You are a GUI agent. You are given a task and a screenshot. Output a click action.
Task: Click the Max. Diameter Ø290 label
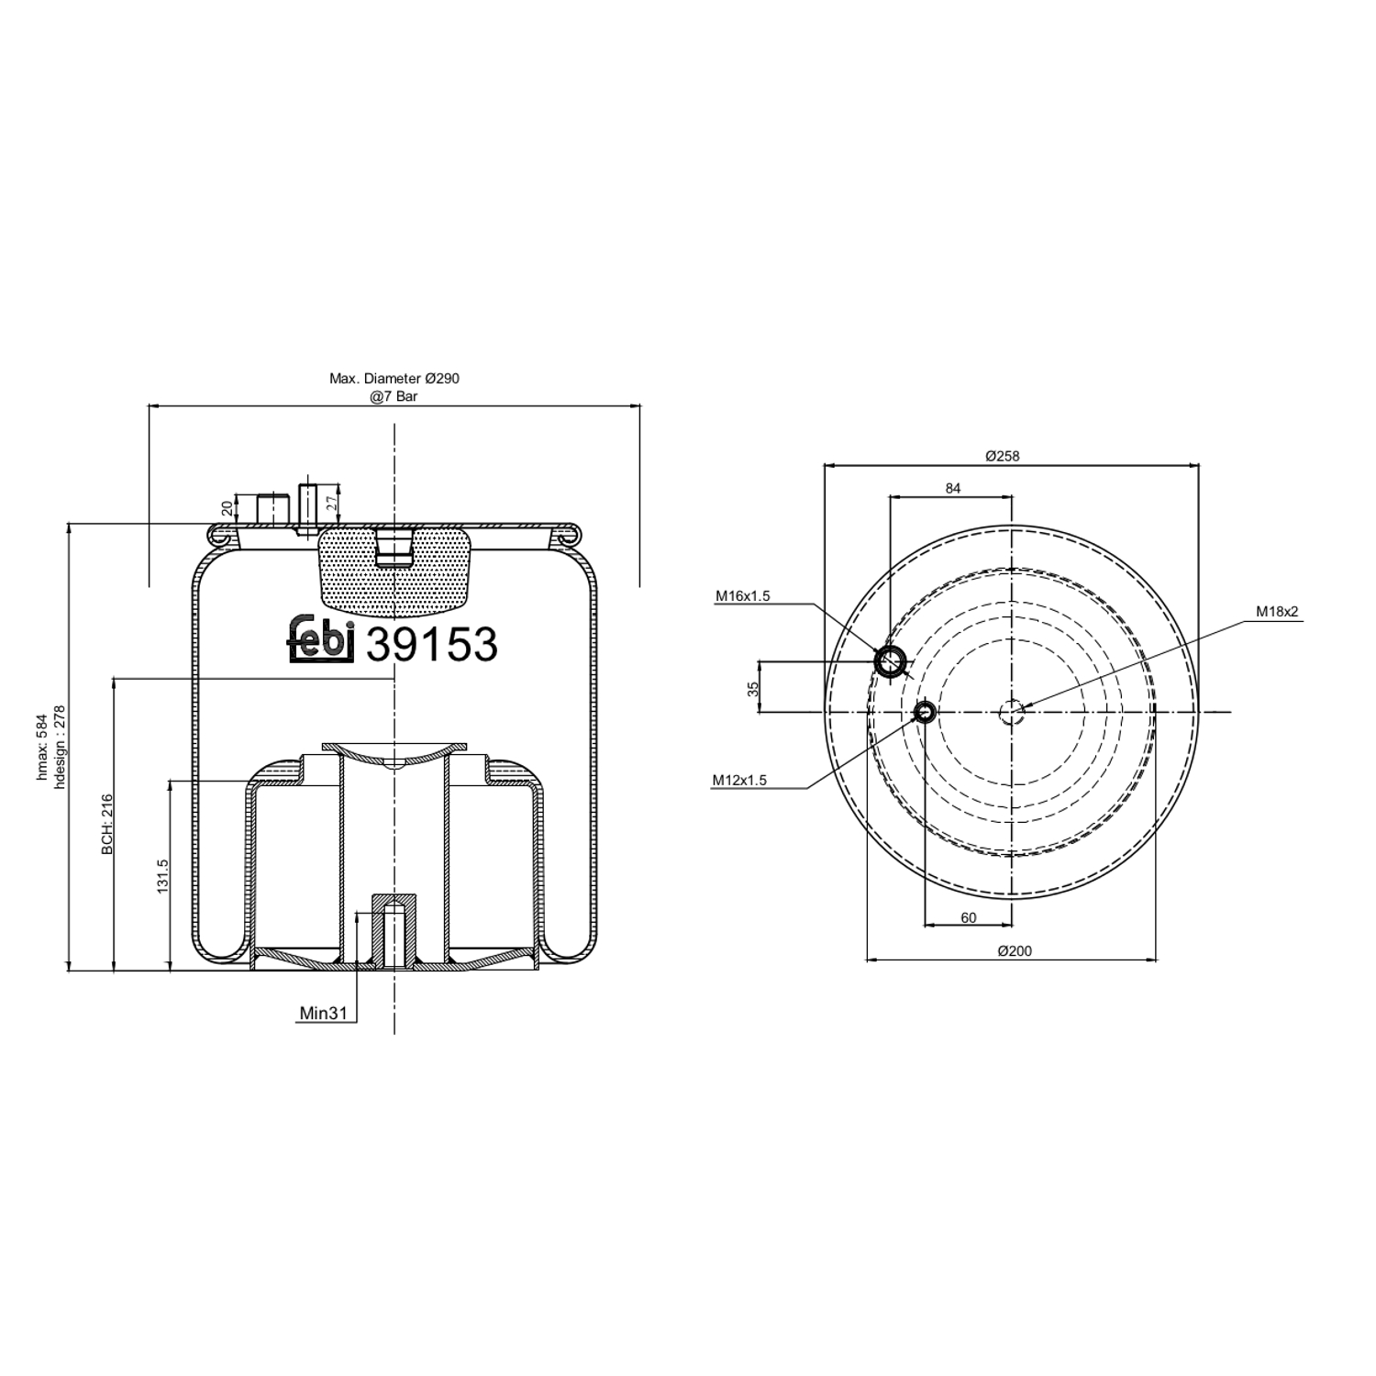[394, 378]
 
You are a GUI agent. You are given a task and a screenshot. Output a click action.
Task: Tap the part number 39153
[432, 644]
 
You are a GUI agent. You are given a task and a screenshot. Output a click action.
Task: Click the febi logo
[321, 638]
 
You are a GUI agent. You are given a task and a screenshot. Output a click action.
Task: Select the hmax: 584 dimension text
[42, 747]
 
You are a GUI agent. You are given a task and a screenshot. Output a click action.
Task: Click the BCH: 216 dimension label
[107, 825]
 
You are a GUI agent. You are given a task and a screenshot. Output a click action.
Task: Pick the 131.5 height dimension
[162, 876]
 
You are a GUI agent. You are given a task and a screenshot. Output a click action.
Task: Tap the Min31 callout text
[323, 1013]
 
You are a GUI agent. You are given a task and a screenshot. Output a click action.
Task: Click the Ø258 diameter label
[1002, 455]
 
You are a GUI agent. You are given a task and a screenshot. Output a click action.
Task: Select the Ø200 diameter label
[1015, 950]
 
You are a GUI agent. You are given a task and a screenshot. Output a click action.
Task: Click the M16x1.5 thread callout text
[742, 596]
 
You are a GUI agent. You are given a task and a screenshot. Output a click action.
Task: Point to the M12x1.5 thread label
[739, 781]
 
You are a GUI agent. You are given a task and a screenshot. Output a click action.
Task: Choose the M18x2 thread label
[1277, 612]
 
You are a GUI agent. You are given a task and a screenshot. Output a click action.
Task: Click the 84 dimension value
[953, 488]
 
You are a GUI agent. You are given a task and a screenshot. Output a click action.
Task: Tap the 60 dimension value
[968, 917]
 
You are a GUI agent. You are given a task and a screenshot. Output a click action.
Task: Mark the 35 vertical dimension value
[754, 688]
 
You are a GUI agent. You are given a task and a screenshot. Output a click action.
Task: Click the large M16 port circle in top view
[890, 660]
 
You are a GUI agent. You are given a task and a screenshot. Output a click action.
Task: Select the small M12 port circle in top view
[925, 711]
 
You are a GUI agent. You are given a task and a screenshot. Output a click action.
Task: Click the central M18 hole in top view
[1012, 712]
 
